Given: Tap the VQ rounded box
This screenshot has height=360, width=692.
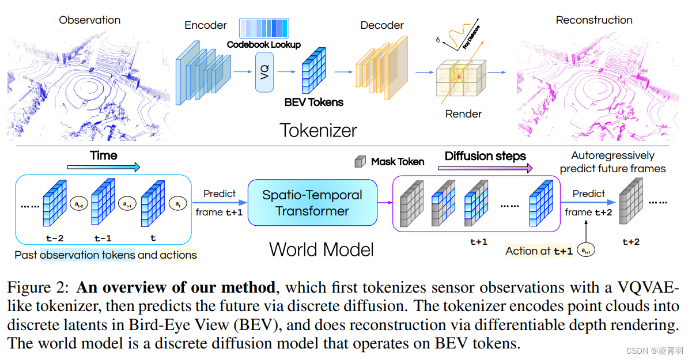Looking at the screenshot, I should [x=264, y=73].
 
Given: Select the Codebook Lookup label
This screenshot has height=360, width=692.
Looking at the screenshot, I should [x=263, y=44].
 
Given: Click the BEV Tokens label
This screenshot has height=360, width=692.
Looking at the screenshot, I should [x=313, y=103].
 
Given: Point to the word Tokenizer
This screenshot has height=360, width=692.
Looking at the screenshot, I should [x=318, y=130].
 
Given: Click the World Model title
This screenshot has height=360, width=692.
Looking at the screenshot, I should [x=321, y=249].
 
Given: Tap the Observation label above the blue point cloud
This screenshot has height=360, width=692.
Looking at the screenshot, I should [x=89, y=20].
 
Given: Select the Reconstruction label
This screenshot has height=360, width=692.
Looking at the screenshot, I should [x=593, y=20].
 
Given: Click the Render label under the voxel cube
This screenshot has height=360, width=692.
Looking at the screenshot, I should [x=463, y=114].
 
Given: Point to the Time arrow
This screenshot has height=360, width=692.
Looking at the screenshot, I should [x=104, y=167].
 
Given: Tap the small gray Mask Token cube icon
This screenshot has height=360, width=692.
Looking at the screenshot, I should [x=360, y=162].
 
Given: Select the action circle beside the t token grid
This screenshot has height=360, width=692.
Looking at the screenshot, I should [x=176, y=203].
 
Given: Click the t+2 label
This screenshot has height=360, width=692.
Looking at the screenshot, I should [x=631, y=242].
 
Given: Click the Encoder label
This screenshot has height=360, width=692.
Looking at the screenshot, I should [x=206, y=25].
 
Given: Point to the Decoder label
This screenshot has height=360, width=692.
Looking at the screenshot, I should [x=383, y=25].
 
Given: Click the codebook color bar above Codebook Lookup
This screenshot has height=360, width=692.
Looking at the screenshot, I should [x=263, y=28].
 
